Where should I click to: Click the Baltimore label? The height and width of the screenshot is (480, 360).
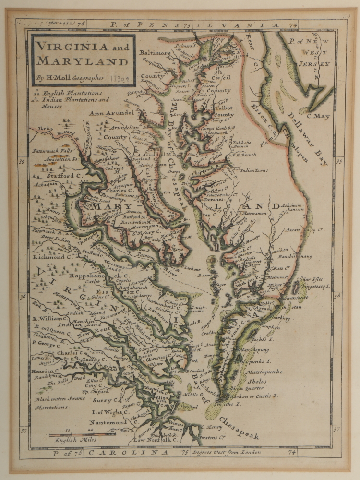coord(156,53)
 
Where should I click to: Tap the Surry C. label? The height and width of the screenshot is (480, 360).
coord(106,400)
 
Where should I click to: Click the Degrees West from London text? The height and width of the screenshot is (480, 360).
coord(226,452)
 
